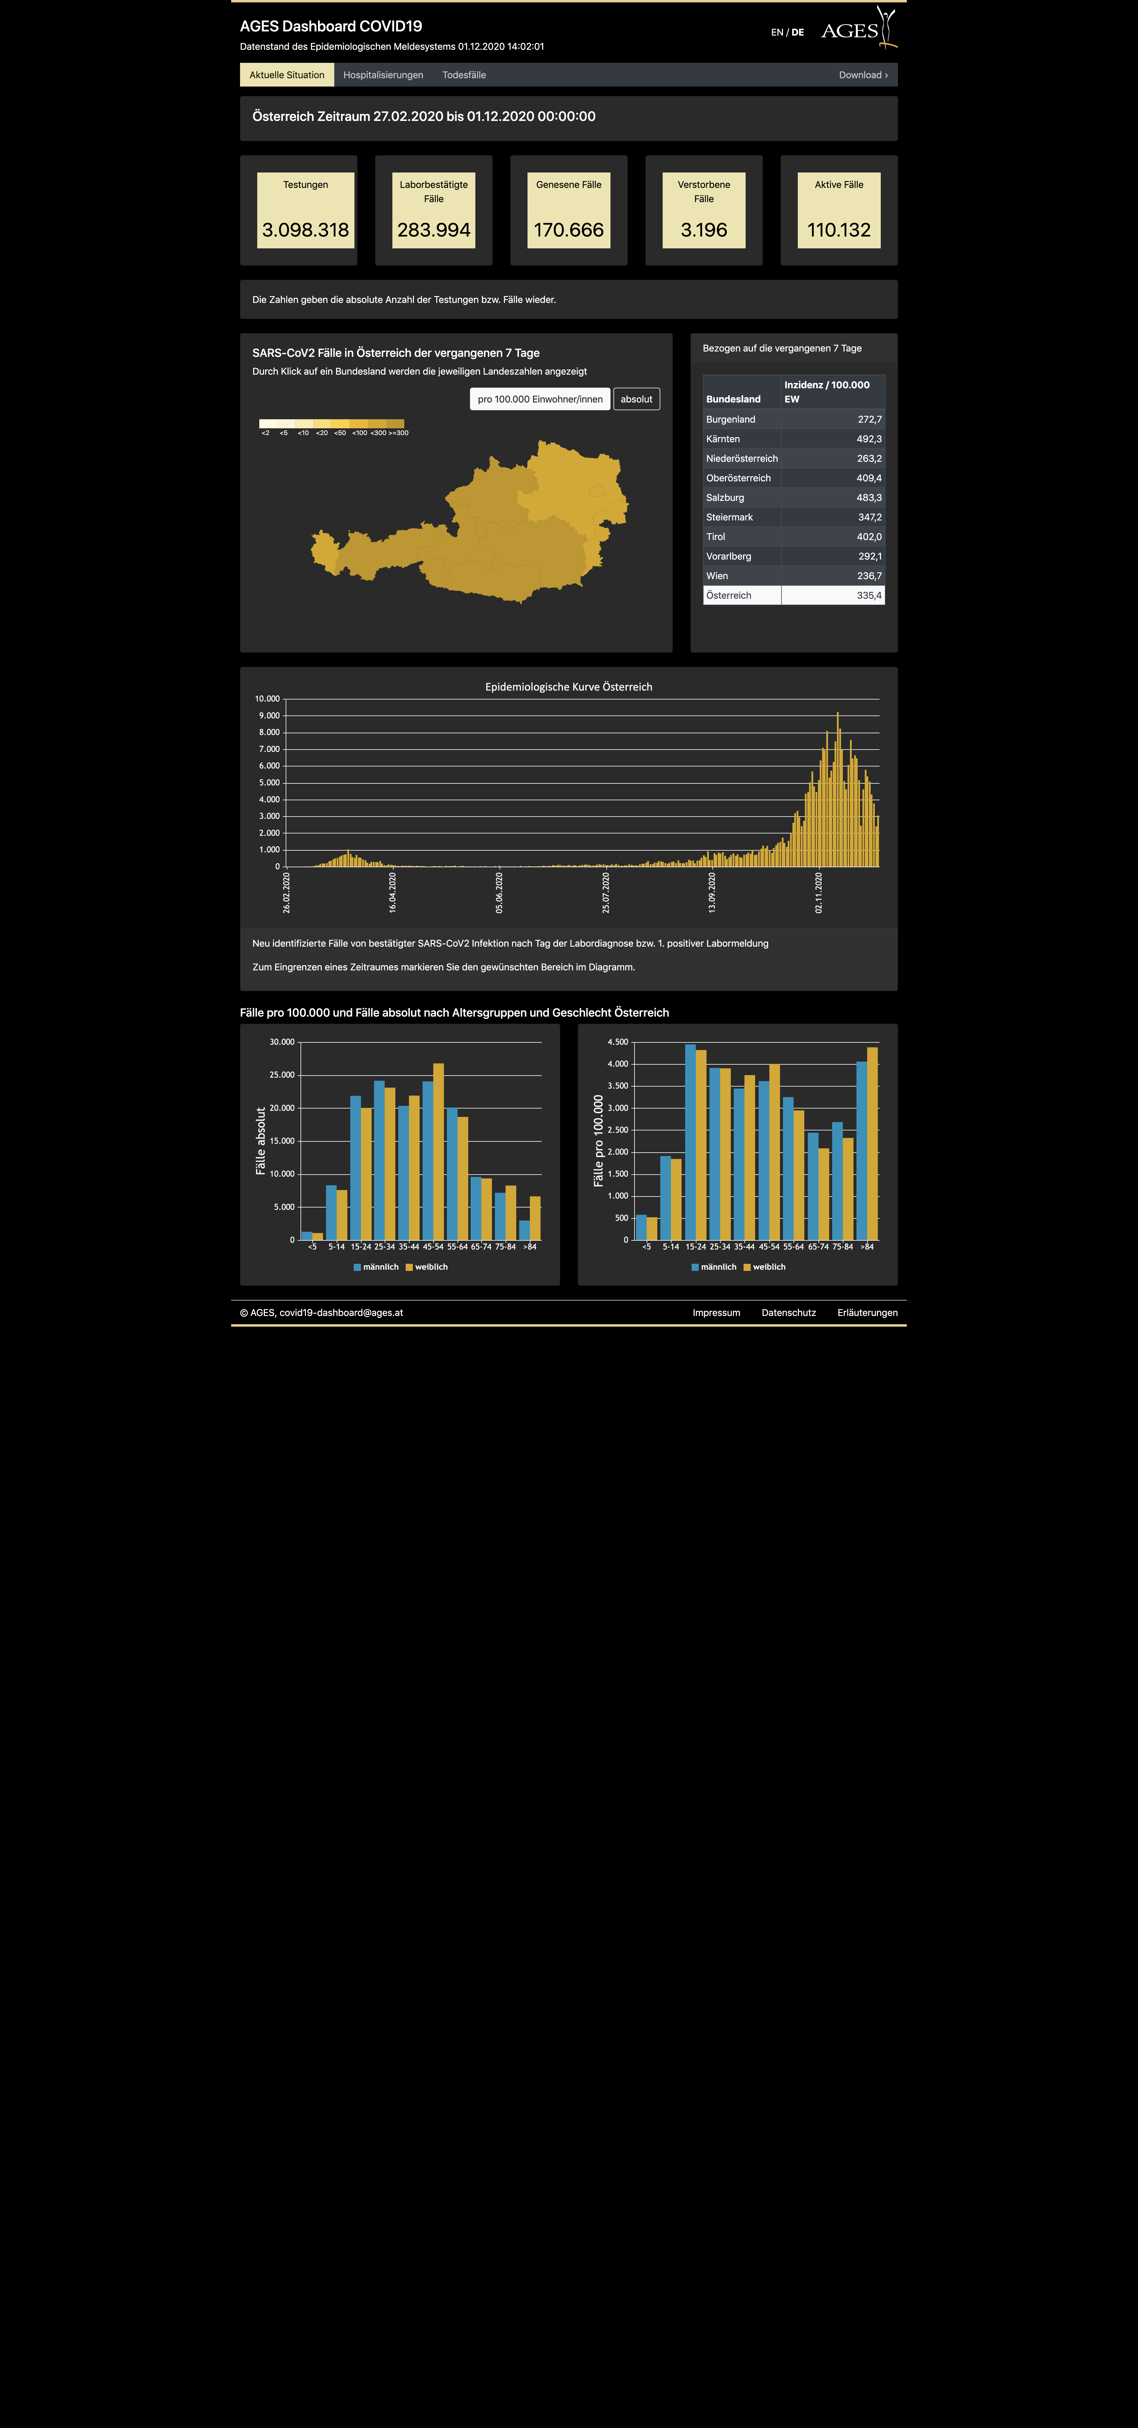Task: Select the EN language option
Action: (x=776, y=32)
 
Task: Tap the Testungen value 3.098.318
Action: (x=305, y=230)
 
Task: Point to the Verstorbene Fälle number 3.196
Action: (x=704, y=230)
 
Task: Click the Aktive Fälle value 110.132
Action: (x=838, y=230)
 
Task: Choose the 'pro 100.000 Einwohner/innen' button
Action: (x=540, y=399)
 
